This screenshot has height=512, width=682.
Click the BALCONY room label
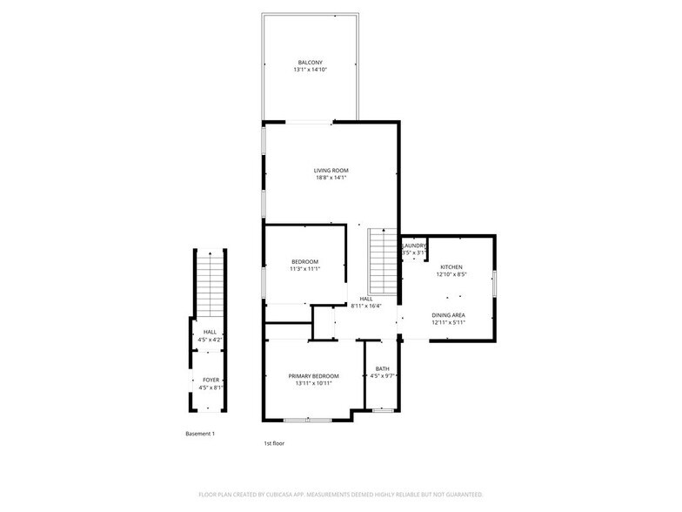click(311, 63)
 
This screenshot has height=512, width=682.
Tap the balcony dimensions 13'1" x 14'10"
click(311, 71)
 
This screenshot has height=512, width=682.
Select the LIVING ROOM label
click(331, 170)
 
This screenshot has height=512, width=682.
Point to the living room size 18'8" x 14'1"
click(331, 178)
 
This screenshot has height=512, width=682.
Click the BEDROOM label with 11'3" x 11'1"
click(304, 262)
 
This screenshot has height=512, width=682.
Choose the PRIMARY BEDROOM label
click(313, 376)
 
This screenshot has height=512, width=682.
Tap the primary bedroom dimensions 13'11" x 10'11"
click(313, 384)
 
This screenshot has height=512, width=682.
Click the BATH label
click(383, 368)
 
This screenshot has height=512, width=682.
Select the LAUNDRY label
click(414, 246)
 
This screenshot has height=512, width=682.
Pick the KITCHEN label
click(451, 267)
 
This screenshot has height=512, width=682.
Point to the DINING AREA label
click(448, 315)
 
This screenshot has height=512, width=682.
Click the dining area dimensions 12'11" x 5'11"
click(448, 323)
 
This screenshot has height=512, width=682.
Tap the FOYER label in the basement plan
click(211, 381)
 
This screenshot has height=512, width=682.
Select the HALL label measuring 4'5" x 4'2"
click(211, 332)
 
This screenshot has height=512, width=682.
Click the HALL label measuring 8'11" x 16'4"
click(366, 299)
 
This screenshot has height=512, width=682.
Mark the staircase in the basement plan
click(211, 285)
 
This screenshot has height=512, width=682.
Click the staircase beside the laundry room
click(383, 261)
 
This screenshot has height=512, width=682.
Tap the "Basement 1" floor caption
click(200, 434)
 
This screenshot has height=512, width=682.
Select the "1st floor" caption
click(274, 443)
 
